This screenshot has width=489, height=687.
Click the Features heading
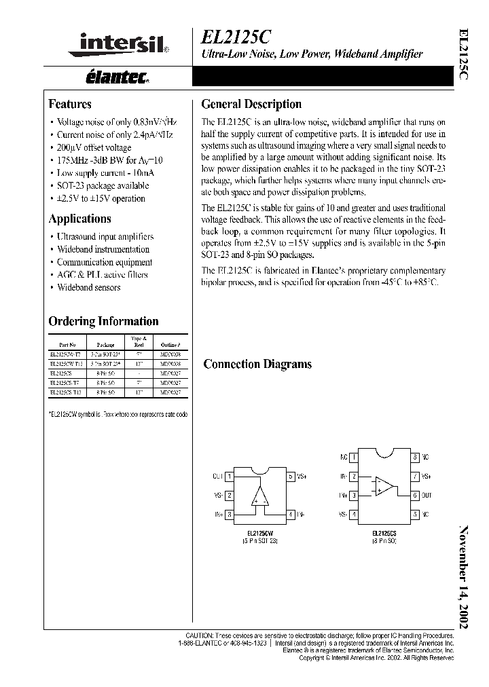tap(70, 105)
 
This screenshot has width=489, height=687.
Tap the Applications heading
tap(79, 219)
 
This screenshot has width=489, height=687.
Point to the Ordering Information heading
tap(103, 321)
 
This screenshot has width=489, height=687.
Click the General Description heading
tap(251, 105)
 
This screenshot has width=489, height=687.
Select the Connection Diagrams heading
tap(257, 364)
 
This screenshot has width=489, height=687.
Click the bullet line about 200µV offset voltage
tap(94, 147)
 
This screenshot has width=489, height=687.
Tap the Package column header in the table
tap(106, 345)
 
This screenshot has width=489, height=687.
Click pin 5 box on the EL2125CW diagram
tap(291, 477)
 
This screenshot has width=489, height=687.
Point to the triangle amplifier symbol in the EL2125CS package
tap(382, 485)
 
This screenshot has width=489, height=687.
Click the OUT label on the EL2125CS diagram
tap(427, 496)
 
